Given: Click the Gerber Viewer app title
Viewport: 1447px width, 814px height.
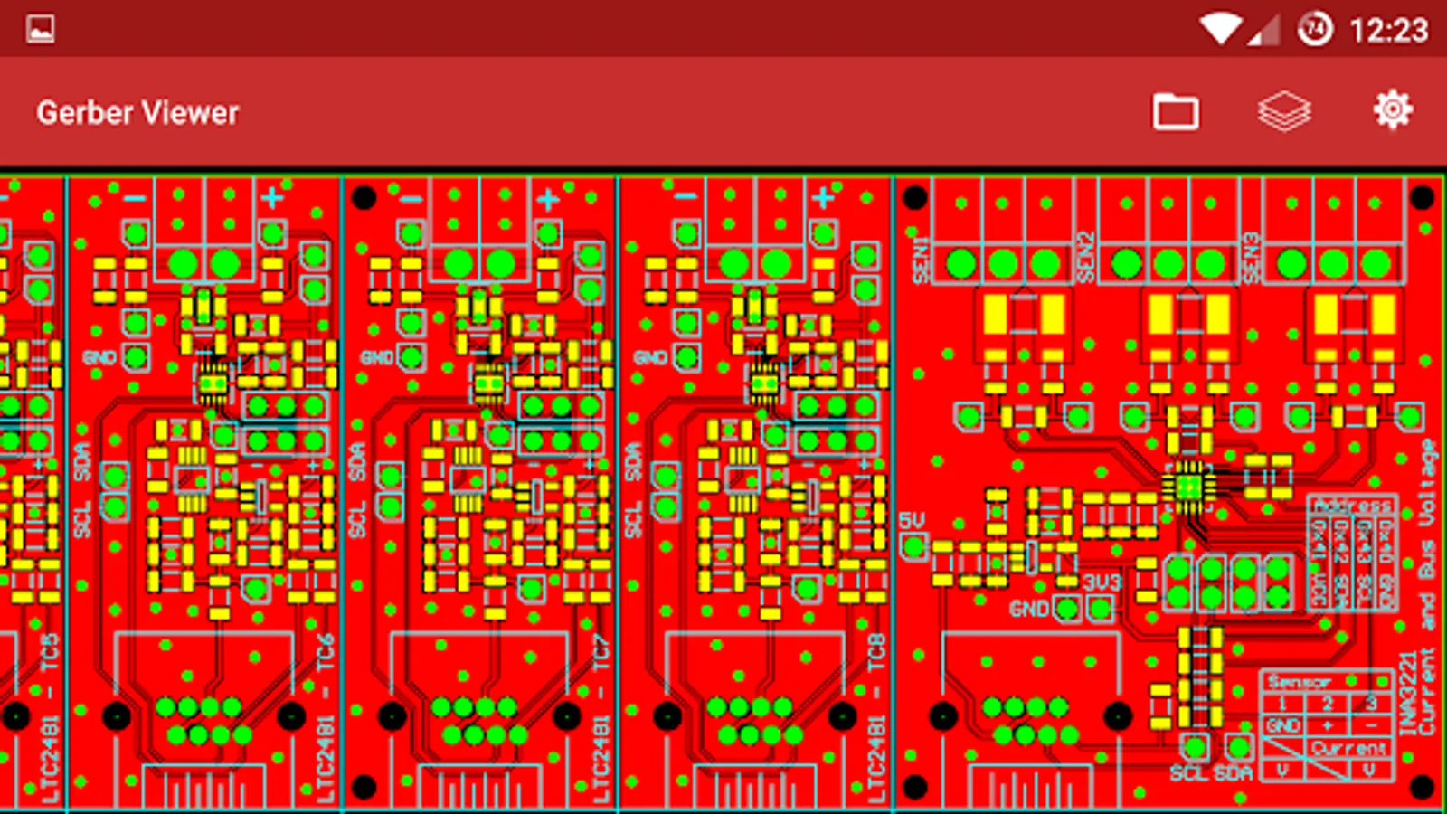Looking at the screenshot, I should click(137, 113).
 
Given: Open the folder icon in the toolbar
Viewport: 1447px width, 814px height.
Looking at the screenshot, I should click(1175, 112).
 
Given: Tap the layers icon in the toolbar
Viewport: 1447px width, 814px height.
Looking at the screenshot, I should click(1283, 112).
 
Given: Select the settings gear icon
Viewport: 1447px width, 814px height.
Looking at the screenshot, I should click(1392, 110).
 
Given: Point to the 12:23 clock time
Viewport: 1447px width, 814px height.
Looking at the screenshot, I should click(1388, 31).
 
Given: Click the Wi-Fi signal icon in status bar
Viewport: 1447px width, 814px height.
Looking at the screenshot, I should click(1220, 30).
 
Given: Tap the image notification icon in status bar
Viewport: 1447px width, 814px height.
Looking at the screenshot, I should click(41, 29).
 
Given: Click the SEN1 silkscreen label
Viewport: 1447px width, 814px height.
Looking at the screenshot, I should click(921, 260).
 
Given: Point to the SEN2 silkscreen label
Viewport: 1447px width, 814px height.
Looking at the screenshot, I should click(1086, 259).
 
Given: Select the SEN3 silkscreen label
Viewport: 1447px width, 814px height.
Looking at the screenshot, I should click(1251, 259).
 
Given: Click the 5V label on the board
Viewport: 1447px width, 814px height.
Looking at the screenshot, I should click(912, 521).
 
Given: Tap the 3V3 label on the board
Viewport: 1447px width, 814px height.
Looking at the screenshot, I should click(1102, 582).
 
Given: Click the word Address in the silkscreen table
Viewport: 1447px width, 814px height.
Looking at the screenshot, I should click(1352, 506).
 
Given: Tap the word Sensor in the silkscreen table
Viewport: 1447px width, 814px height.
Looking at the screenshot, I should click(1299, 682).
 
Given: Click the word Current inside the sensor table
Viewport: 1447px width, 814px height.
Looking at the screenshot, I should click(1348, 748).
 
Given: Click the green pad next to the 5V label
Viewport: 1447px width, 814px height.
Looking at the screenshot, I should click(913, 547).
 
